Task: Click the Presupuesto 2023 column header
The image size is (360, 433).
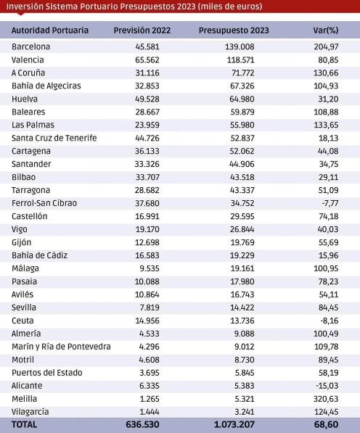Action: click(x=234, y=30)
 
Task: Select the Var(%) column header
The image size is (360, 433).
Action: click(x=326, y=30)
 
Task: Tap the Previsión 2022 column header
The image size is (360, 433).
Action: click(x=142, y=30)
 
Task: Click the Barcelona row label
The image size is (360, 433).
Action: click(x=31, y=46)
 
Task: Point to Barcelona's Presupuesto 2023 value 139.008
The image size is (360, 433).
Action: click(x=240, y=46)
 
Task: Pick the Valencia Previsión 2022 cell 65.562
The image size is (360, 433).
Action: click(x=147, y=60)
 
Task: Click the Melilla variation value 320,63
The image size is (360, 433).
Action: click(x=326, y=399)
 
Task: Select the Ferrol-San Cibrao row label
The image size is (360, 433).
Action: click(x=44, y=203)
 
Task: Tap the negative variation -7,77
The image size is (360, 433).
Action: click(x=330, y=203)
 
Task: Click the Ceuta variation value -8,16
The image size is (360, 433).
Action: click(x=330, y=321)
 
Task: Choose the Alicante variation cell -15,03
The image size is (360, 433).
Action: click(x=327, y=386)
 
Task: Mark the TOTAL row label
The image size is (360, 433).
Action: click(x=24, y=425)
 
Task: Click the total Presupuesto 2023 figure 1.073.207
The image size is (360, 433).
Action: click(x=234, y=425)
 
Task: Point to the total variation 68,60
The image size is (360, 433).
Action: click(x=327, y=425)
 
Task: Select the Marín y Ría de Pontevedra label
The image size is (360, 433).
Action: click(x=61, y=347)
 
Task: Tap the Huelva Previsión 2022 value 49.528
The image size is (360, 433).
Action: click(x=147, y=99)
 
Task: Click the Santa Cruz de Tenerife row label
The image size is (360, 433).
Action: click(x=54, y=138)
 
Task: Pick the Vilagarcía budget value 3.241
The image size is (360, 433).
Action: click(x=245, y=412)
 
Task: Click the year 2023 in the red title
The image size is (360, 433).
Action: click(x=187, y=7)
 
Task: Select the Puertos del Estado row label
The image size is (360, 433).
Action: click(x=47, y=373)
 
